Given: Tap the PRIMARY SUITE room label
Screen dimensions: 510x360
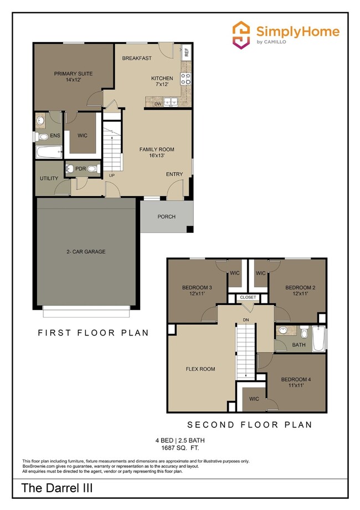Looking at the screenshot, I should (73, 76).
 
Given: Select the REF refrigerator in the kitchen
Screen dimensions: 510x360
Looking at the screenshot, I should (187, 53).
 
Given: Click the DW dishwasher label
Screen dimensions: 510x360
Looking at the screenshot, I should (158, 104).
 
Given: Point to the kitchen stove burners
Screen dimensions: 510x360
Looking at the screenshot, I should (187, 78).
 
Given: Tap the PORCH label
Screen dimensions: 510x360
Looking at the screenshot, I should (166, 217).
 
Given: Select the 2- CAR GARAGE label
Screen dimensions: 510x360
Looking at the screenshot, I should (86, 252).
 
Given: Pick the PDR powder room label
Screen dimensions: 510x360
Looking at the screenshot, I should (80, 169).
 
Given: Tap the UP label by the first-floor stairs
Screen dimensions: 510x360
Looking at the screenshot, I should (111, 175).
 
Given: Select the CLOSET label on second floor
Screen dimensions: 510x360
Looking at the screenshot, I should (249, 298).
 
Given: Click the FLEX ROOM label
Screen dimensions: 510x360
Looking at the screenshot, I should (200, 369).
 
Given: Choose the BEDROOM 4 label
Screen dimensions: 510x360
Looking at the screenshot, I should (296, 383).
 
